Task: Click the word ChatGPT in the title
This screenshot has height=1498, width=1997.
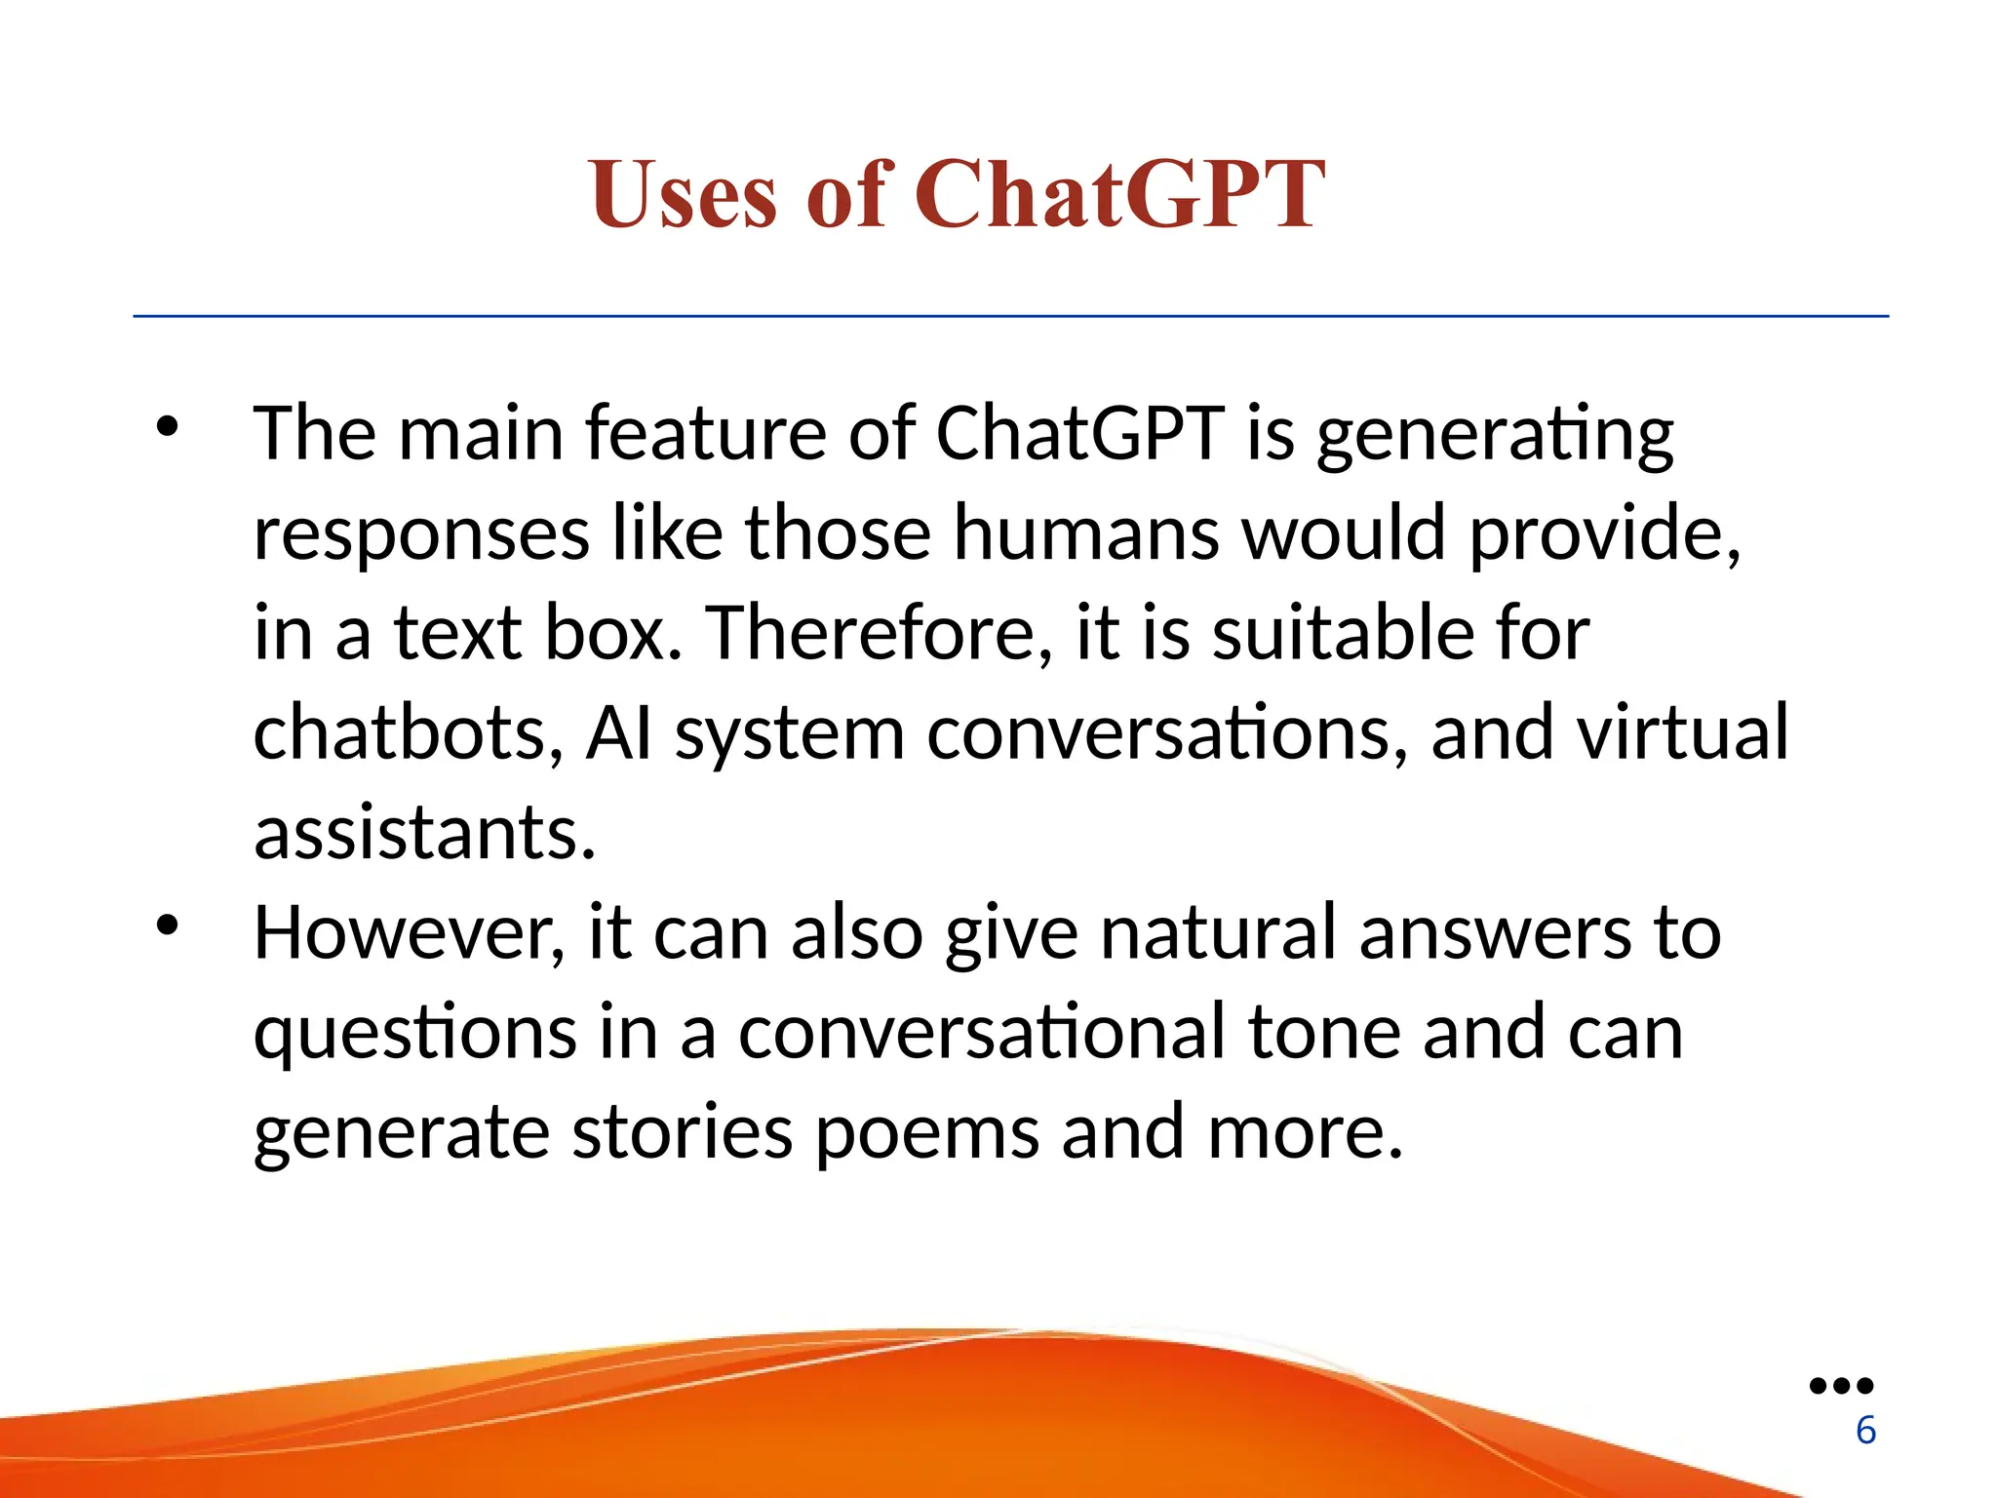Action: tap(1119, 195)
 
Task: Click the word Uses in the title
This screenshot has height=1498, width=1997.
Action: tap(684, 195)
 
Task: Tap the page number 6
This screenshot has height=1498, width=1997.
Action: tap(1865, 1430)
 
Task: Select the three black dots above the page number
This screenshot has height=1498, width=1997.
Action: tap(1841, 1385)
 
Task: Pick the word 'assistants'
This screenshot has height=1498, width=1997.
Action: tap(424, 833)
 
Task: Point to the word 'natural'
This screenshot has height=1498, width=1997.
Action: tap(1218, 933)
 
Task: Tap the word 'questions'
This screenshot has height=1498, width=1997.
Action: tap(414, 1034)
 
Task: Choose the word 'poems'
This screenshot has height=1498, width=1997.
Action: tap(926, 1133)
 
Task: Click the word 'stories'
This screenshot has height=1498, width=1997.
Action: tap(682, 1133)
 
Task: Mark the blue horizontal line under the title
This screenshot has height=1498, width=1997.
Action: tap(1010, 316)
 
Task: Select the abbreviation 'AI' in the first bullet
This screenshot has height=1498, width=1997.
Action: tap(618, 732)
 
